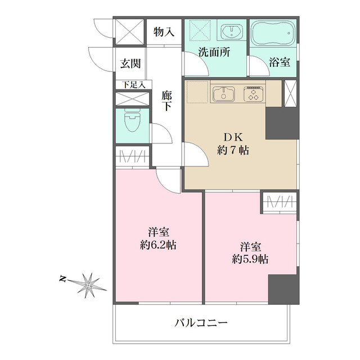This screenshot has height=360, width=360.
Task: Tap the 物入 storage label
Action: click(x=164, y=33)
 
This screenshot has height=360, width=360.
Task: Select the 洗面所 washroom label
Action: click(x=214, y=54)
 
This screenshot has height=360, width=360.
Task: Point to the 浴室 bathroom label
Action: click(x=280, y=62)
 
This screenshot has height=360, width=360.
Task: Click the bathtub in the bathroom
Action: click(x=273, y=35)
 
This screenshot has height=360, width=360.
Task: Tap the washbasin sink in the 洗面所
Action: click(x=231, y=31)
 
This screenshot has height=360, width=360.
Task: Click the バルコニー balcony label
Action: click(x=201, y=323)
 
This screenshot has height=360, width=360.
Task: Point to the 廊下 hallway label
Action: click(x=166, y=101)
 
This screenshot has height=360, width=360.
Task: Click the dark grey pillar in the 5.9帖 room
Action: click(x=283, y=289)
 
